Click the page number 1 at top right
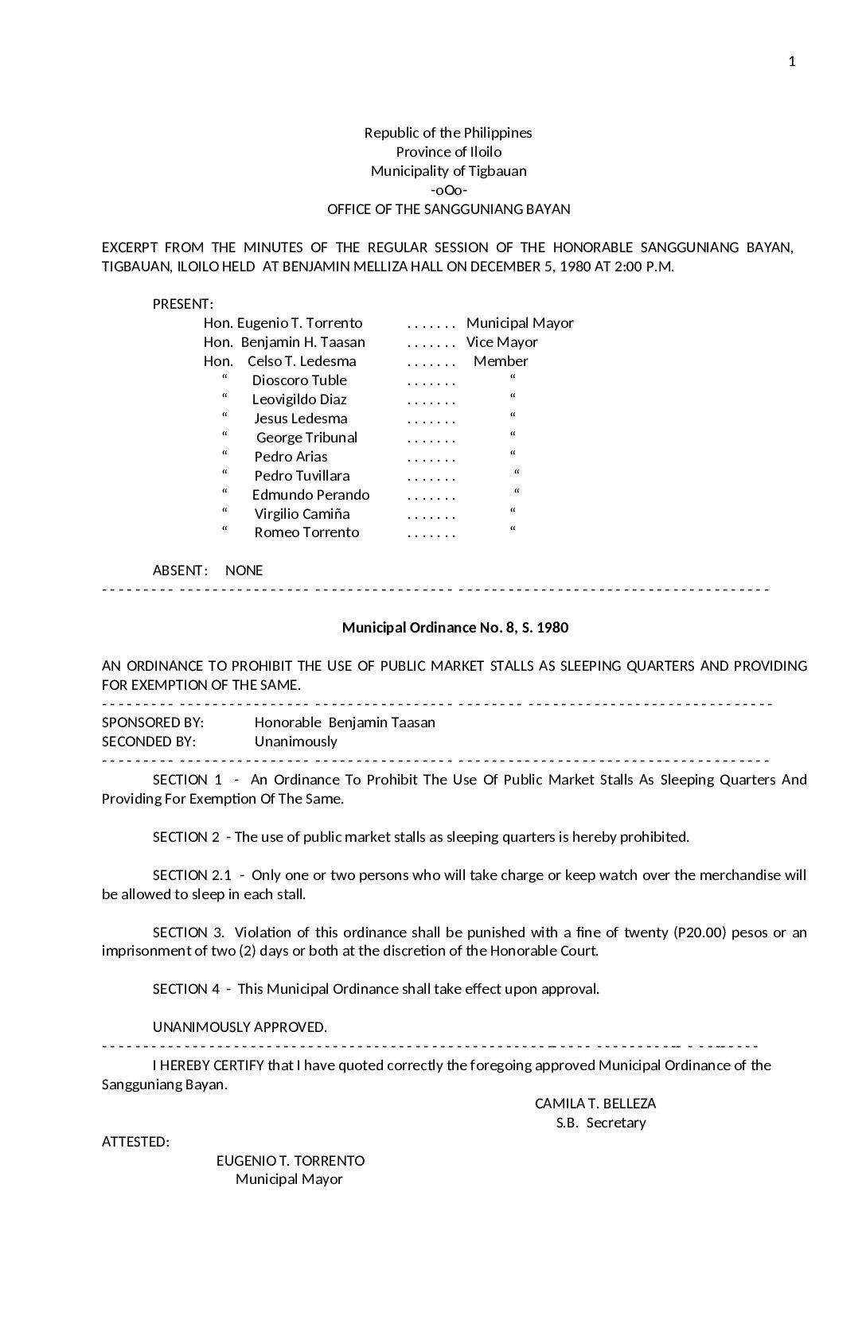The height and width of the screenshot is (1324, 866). pos(792,62)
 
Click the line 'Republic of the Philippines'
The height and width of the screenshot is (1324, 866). pos(448,133)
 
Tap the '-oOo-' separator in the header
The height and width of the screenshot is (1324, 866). pos(448,190)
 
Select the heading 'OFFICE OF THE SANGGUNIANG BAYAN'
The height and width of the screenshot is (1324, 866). pos(448,209)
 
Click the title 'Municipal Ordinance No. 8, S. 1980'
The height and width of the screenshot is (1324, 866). pos(455,628)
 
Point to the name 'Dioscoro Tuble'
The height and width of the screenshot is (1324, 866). pos(299,380)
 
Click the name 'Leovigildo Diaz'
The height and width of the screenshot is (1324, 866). pos(299,399)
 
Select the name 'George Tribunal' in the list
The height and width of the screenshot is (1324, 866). pos(306,438)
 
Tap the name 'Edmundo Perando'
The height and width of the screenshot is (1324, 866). pos(310,495)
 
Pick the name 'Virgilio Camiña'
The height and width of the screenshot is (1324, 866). pos(302,514)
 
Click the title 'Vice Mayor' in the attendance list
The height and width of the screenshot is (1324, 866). pos(501,342)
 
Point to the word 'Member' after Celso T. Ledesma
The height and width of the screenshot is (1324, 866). pos(501,361)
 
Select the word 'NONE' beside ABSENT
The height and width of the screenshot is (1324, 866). pos(244,570)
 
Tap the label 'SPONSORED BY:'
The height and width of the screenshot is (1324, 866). pos(153,722)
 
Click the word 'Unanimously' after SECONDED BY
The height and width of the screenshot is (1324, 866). pos(295,742)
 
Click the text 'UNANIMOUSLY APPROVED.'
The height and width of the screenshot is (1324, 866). pos(240,1027)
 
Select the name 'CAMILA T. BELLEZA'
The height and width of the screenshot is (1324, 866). pos(595,1104)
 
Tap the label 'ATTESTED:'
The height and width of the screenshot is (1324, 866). pos(135,1142)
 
